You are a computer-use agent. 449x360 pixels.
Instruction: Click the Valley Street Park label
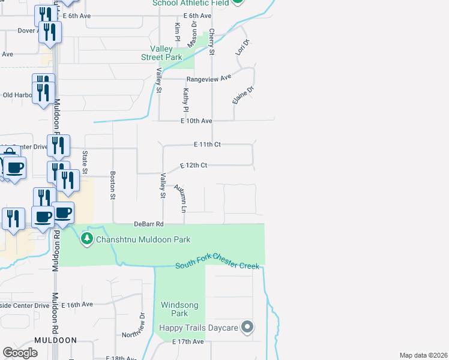161,53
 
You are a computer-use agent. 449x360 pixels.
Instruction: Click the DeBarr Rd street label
148,224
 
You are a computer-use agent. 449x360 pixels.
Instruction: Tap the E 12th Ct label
194,165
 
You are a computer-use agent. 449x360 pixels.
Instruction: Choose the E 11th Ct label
208,145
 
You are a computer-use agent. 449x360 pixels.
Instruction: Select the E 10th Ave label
197,121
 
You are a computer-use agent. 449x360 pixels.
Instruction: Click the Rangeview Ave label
209,78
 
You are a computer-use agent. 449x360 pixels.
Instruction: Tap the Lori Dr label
242,48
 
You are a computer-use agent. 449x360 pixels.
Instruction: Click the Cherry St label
211,44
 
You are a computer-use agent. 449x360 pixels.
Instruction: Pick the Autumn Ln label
180,199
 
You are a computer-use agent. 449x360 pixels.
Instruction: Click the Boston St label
112,185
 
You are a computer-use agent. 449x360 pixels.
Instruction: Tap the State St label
85,163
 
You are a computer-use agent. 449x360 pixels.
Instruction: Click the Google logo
20,353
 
